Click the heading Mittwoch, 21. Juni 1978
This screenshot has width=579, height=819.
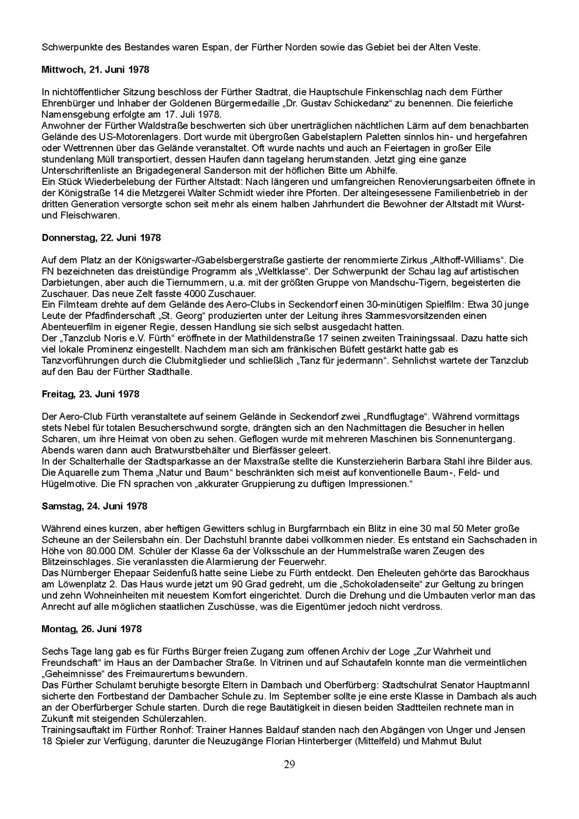click(95, 70)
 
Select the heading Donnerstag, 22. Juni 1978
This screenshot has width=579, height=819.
click(101, 238)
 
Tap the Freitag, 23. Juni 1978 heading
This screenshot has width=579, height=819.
click(90, 394)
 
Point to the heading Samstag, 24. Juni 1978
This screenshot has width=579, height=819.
click(94, 506)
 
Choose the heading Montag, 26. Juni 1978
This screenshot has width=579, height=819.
click(92, 629)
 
